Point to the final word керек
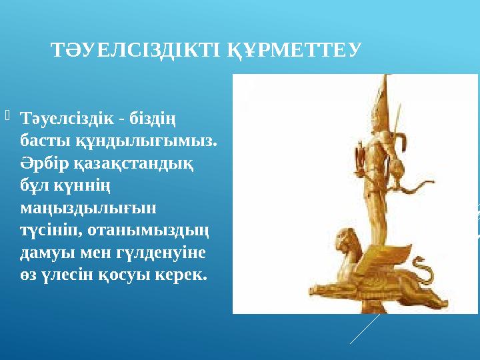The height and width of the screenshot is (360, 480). (183, 274)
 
